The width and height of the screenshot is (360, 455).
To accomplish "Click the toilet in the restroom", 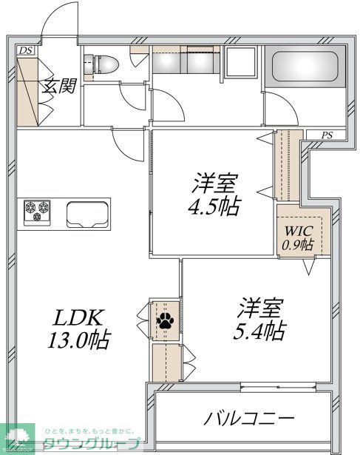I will click(x=101, y=65).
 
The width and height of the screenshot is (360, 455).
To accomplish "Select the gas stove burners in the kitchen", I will click(x=35, y=212).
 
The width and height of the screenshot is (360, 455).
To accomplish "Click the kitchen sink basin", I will click(x=86, y=215).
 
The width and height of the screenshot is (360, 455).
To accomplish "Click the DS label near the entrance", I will click(x=26, y=51).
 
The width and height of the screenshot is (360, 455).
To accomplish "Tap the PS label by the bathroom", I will click(x=327, y=135).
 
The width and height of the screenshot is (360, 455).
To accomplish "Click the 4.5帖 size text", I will click(x=214, y=206).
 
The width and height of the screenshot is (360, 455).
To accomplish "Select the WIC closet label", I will click(x=296, y=231).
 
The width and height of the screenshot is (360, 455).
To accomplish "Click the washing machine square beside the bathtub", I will click(x=240, y=65).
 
